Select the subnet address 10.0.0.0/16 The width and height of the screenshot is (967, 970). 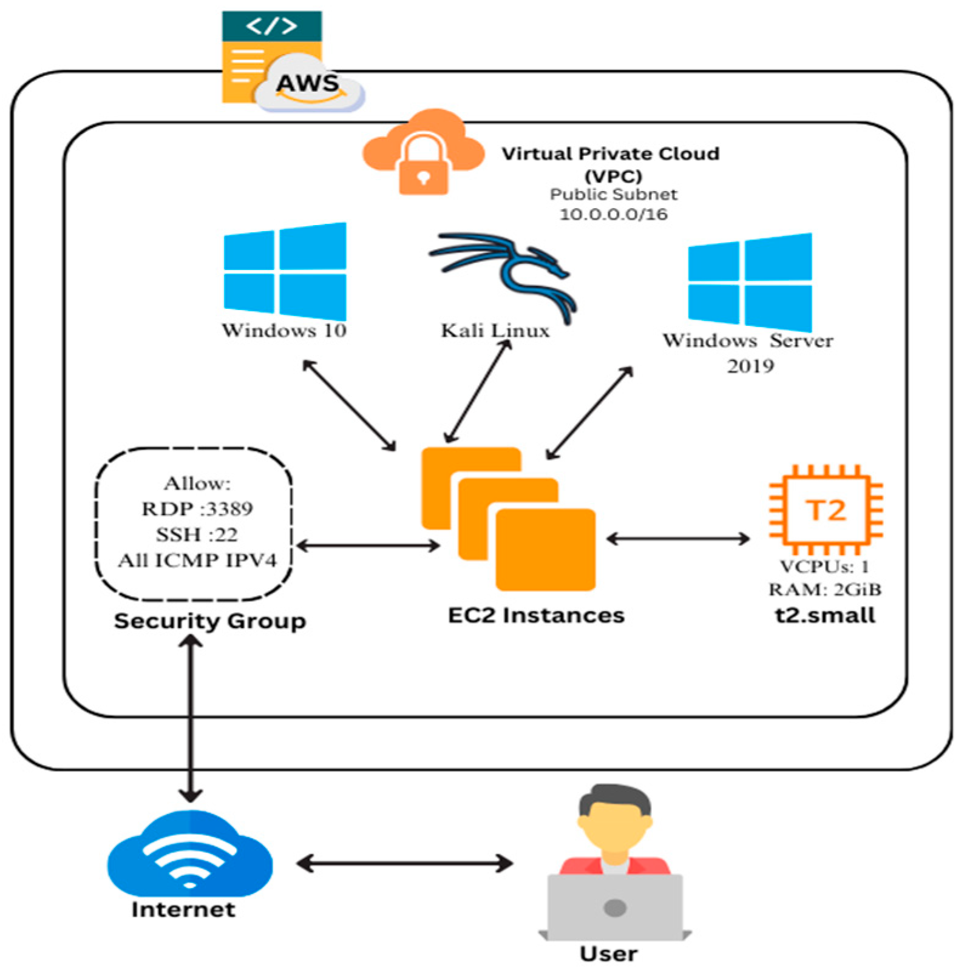click(613, 214)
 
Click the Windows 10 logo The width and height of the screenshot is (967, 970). click(285, 271)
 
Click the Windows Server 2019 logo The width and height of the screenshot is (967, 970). click(750, 282)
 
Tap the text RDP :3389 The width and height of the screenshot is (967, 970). click(197, 508)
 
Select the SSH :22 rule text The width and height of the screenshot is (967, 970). click(197, 534)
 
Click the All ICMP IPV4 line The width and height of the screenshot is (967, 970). click(197, 560)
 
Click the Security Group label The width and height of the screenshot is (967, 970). click(209, 621)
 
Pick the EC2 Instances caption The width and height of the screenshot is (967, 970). click(536, 615)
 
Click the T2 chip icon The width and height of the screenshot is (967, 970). click(826, 510)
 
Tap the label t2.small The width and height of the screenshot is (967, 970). click(826, 615)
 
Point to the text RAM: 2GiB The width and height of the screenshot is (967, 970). click(825, 589)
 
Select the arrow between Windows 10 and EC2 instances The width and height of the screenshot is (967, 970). click(349, 405)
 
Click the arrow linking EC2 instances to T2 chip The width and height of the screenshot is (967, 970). click(678, 538)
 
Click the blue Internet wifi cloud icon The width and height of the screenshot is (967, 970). click(190, 855)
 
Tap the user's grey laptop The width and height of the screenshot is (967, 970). click(615, 907)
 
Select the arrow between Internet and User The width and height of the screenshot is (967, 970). click(405, 863)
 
